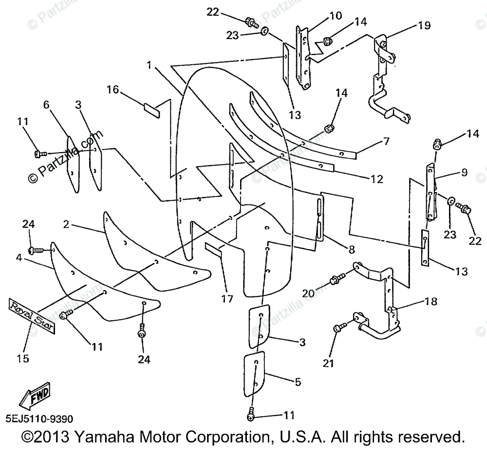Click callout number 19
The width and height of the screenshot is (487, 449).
[x=424, y=25]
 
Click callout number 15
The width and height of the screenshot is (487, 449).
[x=23, y=358]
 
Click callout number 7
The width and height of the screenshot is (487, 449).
[x=386, y=141]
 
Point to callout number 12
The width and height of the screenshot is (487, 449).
[x=376, y=179]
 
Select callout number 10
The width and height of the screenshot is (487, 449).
[x=336, y=16]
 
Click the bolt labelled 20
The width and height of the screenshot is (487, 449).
[x=335, y=280]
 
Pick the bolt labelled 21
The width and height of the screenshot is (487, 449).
[x=339, y=328]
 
